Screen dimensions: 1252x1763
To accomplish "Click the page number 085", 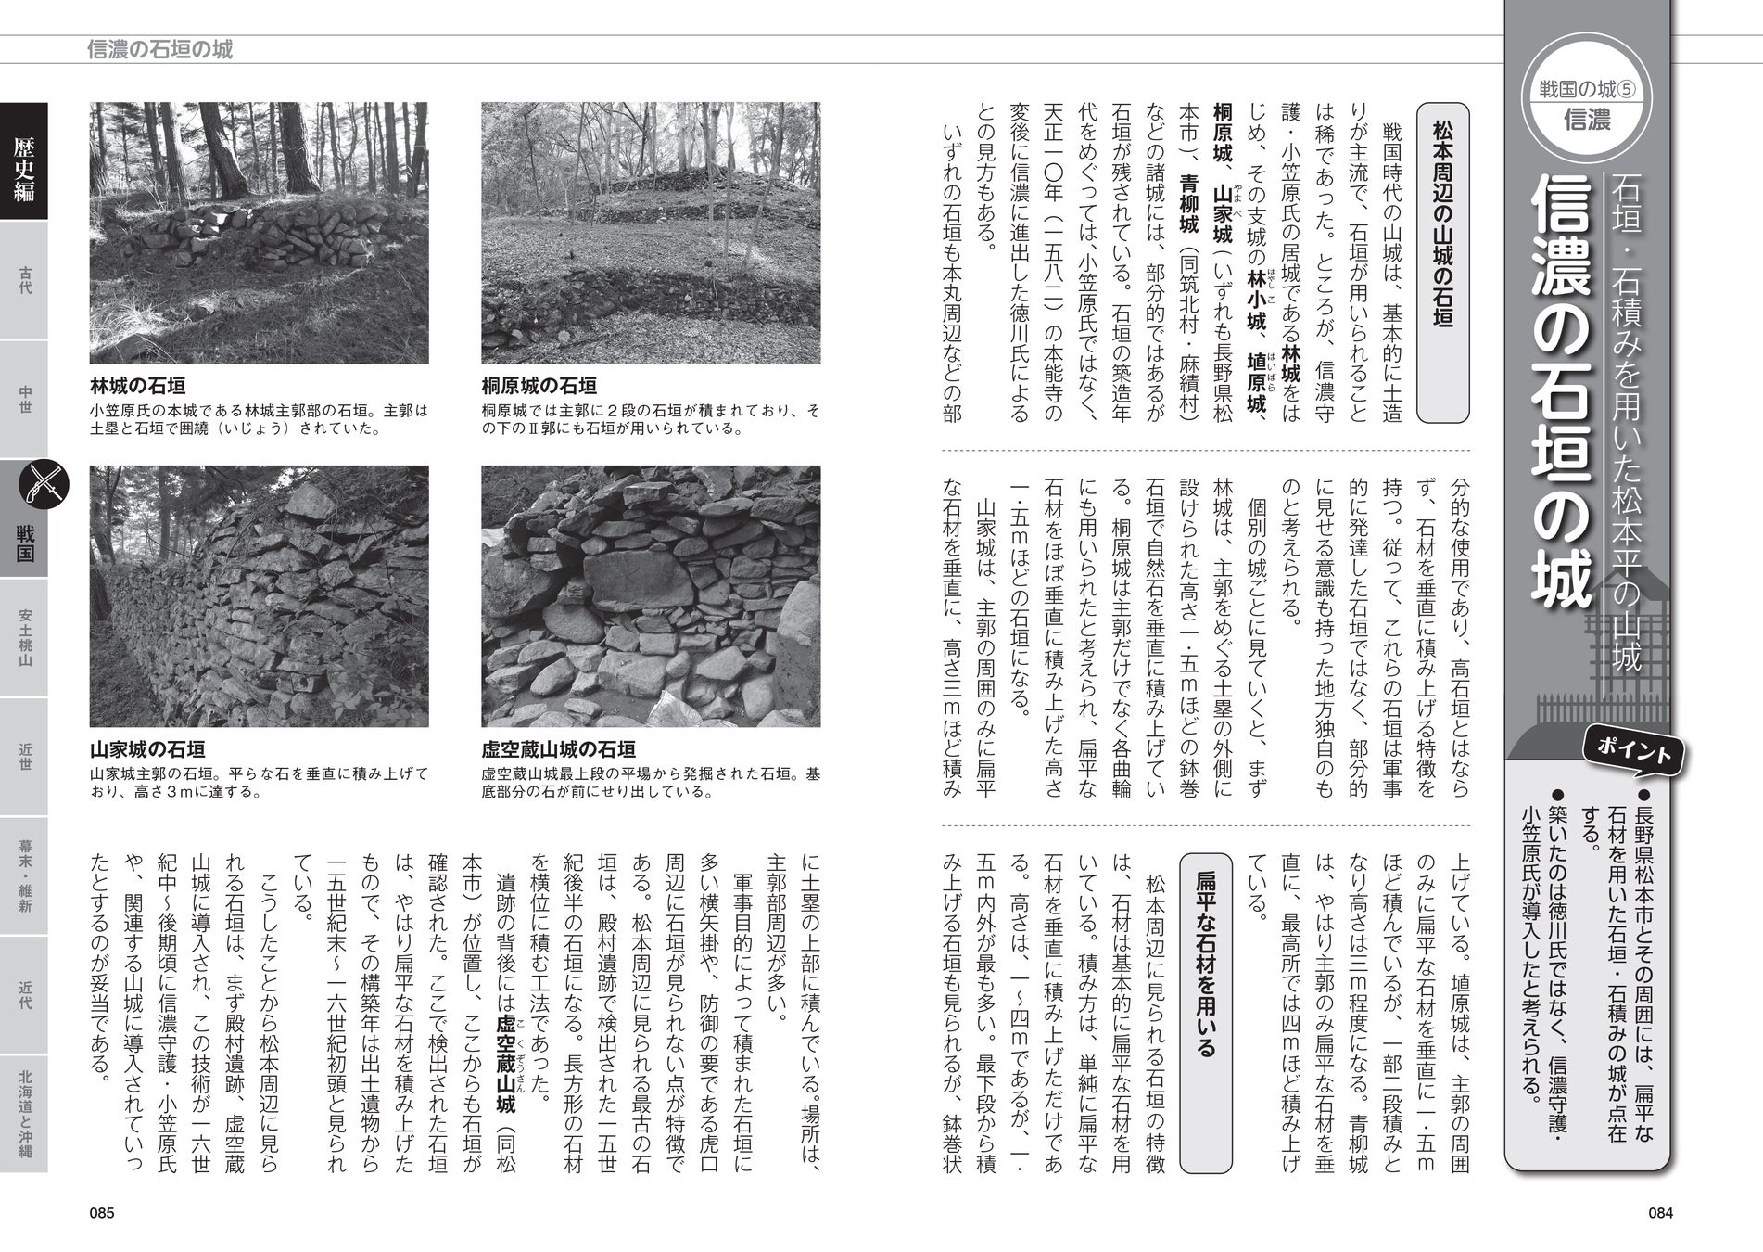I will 101,1213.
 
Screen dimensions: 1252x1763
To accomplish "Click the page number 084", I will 1660,1213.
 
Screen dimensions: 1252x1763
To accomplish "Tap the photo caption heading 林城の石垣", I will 137,386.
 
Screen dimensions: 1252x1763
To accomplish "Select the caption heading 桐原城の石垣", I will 539,386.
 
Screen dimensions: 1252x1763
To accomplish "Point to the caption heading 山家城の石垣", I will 147,749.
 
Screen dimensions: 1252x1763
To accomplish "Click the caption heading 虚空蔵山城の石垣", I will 558,749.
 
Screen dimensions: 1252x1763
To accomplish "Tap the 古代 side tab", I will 24,280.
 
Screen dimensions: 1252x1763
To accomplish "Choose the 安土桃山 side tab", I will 24,638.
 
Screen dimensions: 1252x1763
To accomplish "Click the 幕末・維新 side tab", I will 24,876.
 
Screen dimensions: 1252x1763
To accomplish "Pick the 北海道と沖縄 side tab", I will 24,1114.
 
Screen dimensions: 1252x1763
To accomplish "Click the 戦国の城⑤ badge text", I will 1586,89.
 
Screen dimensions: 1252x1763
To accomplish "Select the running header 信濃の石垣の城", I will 159,49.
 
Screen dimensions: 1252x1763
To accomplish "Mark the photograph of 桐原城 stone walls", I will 651,233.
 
